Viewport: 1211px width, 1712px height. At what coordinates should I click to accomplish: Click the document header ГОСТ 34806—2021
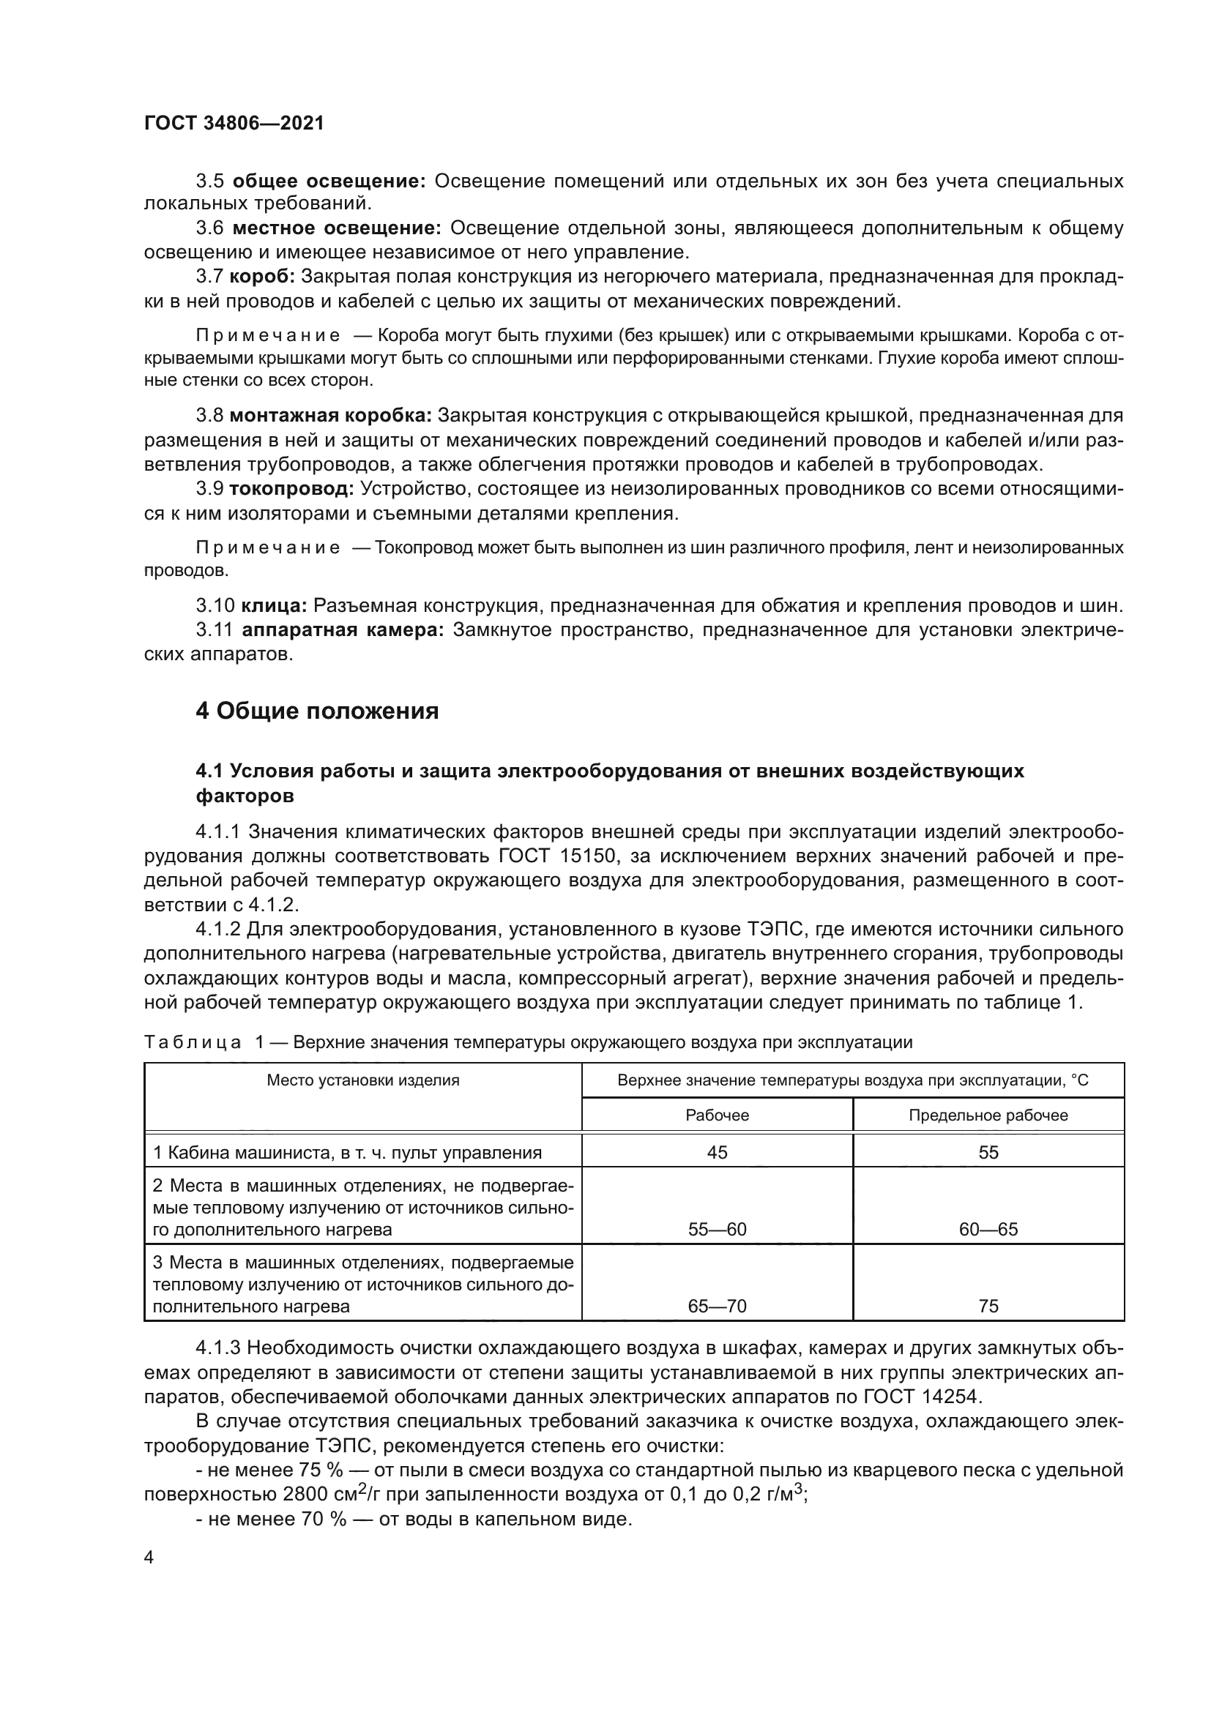pyautogui.click(x=234, y=123)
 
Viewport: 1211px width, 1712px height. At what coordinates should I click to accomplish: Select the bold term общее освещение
pyautogui.click(x=329, y=181)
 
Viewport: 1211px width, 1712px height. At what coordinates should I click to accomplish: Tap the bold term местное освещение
pyautogui.click(x=335, y=228)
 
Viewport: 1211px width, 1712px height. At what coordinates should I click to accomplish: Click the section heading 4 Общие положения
pyautogui.click(x=317, y=711)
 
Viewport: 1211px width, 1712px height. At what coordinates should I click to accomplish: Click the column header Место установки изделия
pyautogui.click(x=363, y=1080)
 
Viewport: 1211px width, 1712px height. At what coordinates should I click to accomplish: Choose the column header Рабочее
pyautogui.click(x=717, y=1115)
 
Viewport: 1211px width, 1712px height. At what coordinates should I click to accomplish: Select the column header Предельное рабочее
pyautogui.click(x=988, y=1115)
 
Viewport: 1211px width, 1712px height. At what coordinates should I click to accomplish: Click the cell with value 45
pyautogui.click(x=717, y=1153)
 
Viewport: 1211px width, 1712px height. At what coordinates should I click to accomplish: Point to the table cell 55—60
pyautogui.click(x=717, y=1230)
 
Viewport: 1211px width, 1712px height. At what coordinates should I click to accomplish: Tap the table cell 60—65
pyautogui.click(x=988, y=1230)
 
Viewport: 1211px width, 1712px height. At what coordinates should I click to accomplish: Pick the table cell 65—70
pyautogui.click(x=717, y=1307)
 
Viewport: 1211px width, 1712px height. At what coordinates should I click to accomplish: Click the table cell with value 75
pyautogui.click(x=988, y=1307)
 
